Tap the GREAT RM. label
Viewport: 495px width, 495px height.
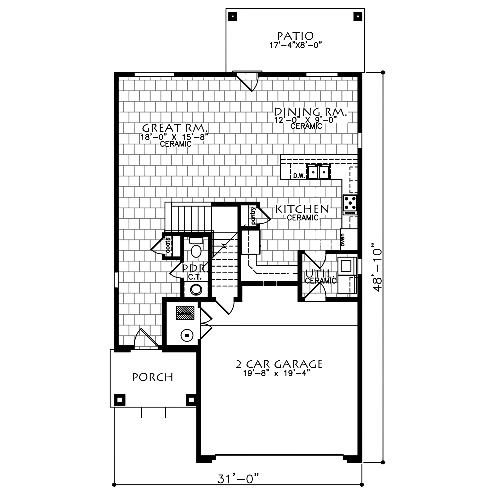coord(175,128)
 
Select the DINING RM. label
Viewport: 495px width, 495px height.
coord(311,112)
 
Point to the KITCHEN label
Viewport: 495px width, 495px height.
coord(302,209)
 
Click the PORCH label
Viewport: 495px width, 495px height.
coord(153,377)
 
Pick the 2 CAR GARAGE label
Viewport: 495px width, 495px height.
coord(279,364)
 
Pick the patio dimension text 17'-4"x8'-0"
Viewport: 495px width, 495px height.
coord(296,45)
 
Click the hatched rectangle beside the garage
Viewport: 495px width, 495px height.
coord(183,313)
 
